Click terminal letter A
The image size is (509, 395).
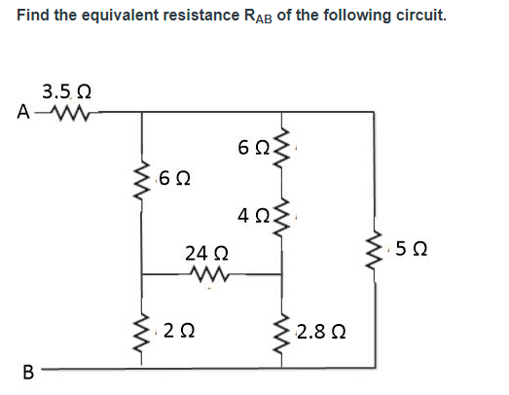(22, 112)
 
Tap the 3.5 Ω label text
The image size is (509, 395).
(67, 93)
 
